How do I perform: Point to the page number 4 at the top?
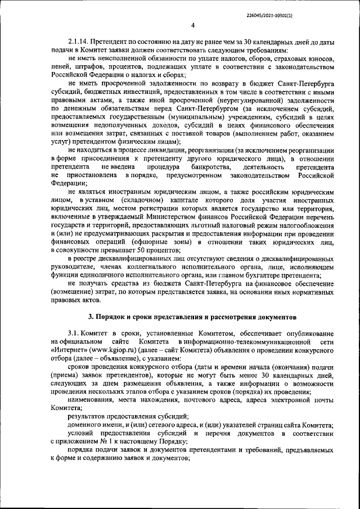click(x=192, y=25)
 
